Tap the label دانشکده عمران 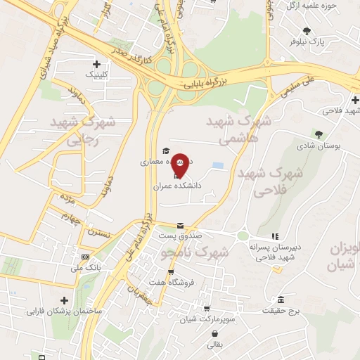point(178,186)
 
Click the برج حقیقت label point(281,310)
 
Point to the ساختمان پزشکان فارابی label point(65,310)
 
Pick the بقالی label point(212,345)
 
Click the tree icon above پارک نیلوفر point(307,30)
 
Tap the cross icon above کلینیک point(96,64)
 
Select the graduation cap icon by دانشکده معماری point(166,150)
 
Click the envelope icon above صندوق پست point(181,226)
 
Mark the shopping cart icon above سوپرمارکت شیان point(206,309)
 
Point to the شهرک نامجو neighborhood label point(195,251)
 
